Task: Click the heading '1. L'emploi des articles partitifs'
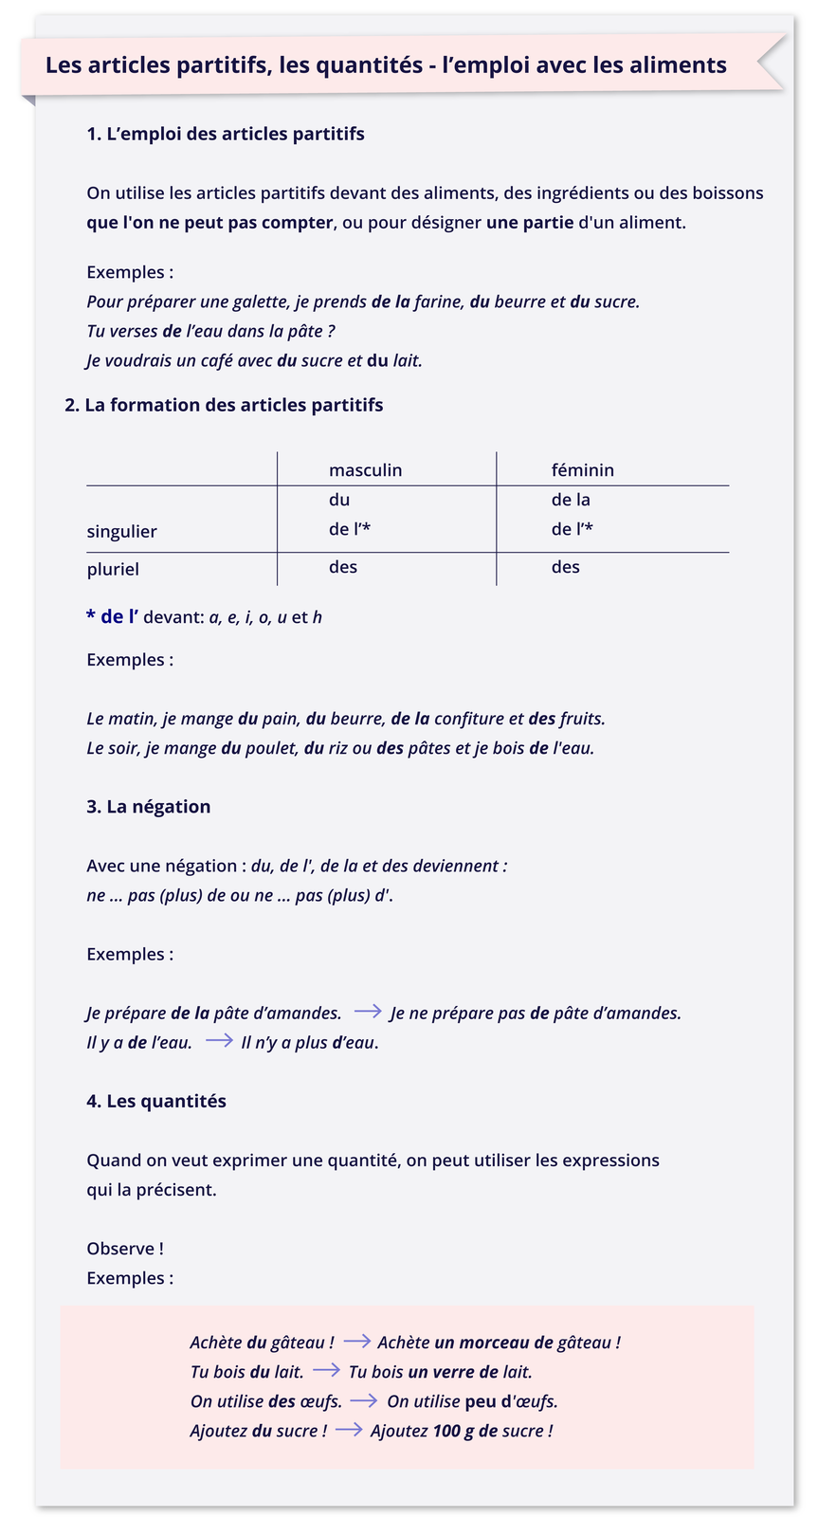(225, 134)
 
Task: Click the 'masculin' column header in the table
(365, 470)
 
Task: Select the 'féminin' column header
(582, 470)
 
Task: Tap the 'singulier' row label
(121, 531)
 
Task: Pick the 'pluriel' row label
(113, 569)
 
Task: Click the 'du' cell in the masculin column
(339, 500)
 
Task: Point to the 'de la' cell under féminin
(571, 500)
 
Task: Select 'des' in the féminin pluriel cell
(565, 567)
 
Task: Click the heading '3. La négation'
(148, 807)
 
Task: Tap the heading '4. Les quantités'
(155, 1101)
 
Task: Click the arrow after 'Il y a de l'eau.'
(219, 1040)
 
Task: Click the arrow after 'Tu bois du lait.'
(326, 1370)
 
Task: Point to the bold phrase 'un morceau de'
(493, 1343)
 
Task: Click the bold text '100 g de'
(464, 1431)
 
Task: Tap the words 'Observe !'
(124, 1249)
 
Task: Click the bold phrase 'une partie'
(529, 223)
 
